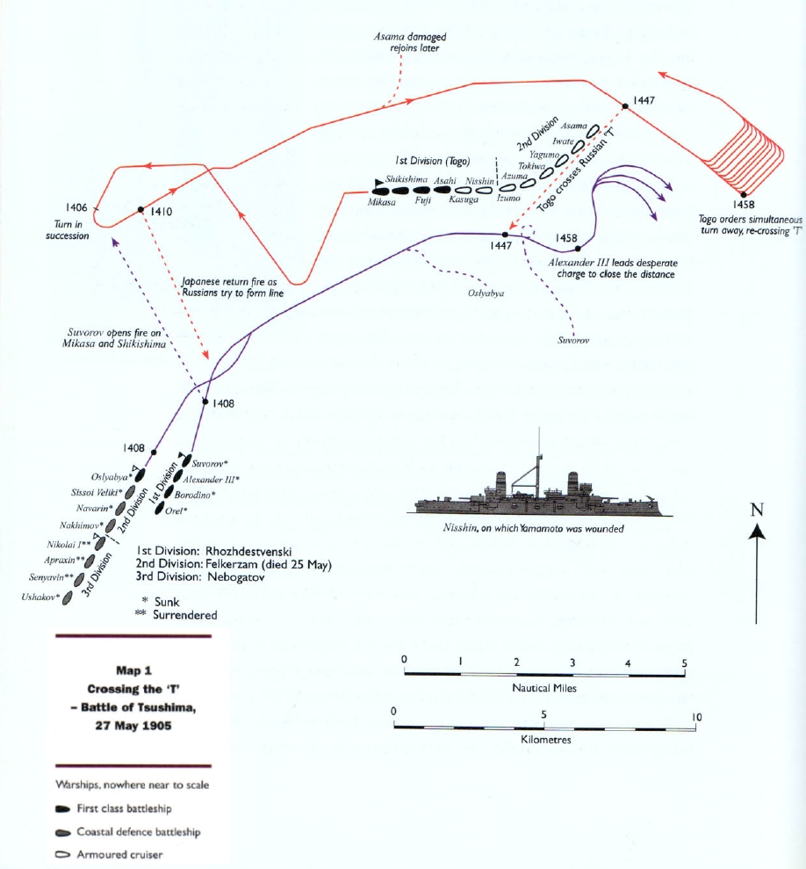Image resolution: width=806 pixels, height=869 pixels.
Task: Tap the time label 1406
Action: (76, 208)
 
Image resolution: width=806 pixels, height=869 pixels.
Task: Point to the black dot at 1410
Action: (140, 209)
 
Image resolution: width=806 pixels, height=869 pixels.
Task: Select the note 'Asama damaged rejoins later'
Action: (407, 43)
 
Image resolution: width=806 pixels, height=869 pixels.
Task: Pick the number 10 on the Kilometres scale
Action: (696, 717)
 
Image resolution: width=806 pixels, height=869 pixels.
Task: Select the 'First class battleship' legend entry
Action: (132, 808)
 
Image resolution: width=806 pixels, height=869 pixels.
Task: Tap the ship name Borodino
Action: (205, 495)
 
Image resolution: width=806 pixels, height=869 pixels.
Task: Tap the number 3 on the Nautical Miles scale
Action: (572, 661)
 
